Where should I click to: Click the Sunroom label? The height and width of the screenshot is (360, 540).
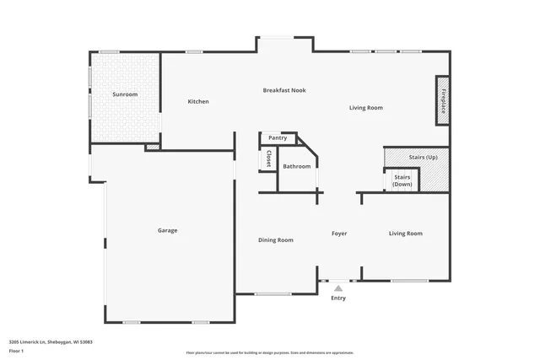click(125, 94)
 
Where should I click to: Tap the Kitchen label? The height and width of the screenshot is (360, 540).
click(198, 102)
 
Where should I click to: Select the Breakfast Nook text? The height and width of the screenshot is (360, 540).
click(283, 90)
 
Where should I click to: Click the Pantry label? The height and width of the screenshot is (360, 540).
click(278, 137)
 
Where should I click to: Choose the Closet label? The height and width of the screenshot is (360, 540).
click(268, 159)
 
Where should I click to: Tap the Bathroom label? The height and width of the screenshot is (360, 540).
click(296, 166)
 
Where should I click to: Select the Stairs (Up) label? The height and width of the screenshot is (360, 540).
click(423, 158)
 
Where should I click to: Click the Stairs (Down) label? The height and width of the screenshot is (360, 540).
click(402, 180)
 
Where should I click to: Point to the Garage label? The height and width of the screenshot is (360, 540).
click(167, 230)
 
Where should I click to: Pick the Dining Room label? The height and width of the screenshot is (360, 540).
click(276, 240)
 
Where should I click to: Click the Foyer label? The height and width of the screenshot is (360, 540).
click(338, 234)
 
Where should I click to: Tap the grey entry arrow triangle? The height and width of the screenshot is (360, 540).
click(338, 288)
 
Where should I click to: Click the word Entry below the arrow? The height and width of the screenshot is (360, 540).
click(338, 298)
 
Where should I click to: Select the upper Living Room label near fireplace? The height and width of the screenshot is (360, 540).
click(366, 108)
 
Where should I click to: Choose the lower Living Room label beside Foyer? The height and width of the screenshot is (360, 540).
click(405, 234)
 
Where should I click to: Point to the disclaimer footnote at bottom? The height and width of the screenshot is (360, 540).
click(269, 352)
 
